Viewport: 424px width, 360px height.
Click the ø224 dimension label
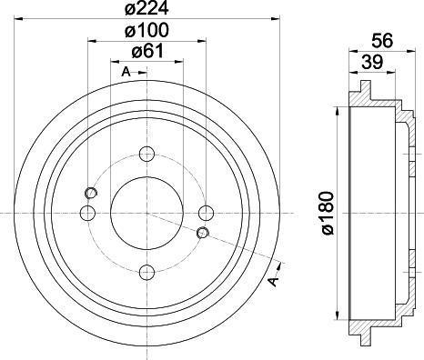click(x=146, y=8)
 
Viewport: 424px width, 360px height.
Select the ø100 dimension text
click(x=146, y=30)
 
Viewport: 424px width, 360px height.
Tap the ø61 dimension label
click(x=147, y=51)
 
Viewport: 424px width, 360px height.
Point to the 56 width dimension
click(x=382, y=41)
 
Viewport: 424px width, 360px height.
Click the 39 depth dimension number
click(x=372, y=62)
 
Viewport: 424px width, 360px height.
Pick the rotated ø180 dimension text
click(x=328, y=213)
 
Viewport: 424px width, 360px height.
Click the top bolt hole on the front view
click(x=146, y=155)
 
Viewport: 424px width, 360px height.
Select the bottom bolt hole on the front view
click(x=146, y=272)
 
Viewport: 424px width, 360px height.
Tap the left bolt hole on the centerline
click(x=87, y=213)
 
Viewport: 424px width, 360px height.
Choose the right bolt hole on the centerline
click(x=206, y=213)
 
